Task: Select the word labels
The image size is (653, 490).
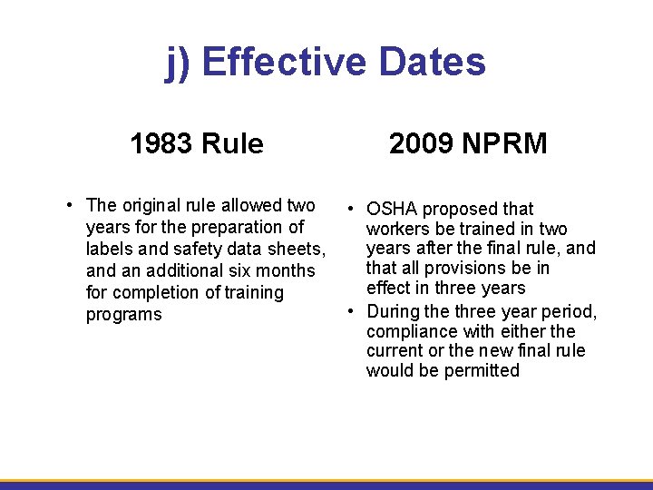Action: (x=110, y=249)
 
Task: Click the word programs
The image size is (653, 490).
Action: (x=124, y=315)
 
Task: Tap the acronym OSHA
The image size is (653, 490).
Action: (x=392, y=210)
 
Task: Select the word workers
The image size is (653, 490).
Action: (x=397, y=229)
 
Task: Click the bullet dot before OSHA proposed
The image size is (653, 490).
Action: (x=350, y=209)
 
